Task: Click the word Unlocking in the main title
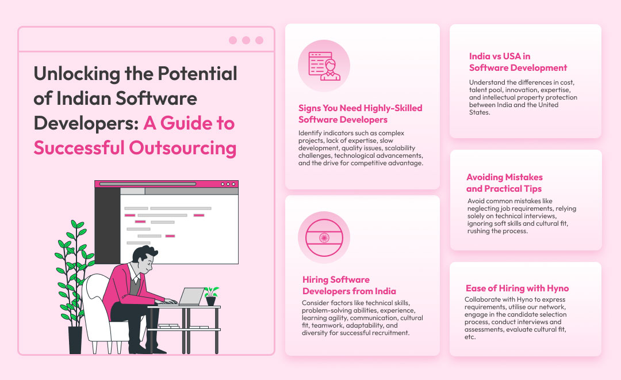point(77,74)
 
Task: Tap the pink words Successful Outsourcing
point(135,148)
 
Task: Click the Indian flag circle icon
point(324,238)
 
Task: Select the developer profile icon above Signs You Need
point(324,66)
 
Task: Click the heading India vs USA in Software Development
point(518,62)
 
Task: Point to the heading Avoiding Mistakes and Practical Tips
point(505,183)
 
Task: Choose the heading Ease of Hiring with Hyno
point(517,288)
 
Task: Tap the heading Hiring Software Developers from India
point(349,285)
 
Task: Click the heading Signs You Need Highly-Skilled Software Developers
point(361,114)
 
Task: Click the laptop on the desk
point(191,297)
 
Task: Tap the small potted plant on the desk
point(211,296)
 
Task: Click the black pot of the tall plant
point(75,340)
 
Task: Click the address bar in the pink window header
point(148,184)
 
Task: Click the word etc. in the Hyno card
point(470,337)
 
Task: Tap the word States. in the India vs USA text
point(480,112)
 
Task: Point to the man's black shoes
point(147,349)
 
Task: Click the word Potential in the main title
point(197,74)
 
